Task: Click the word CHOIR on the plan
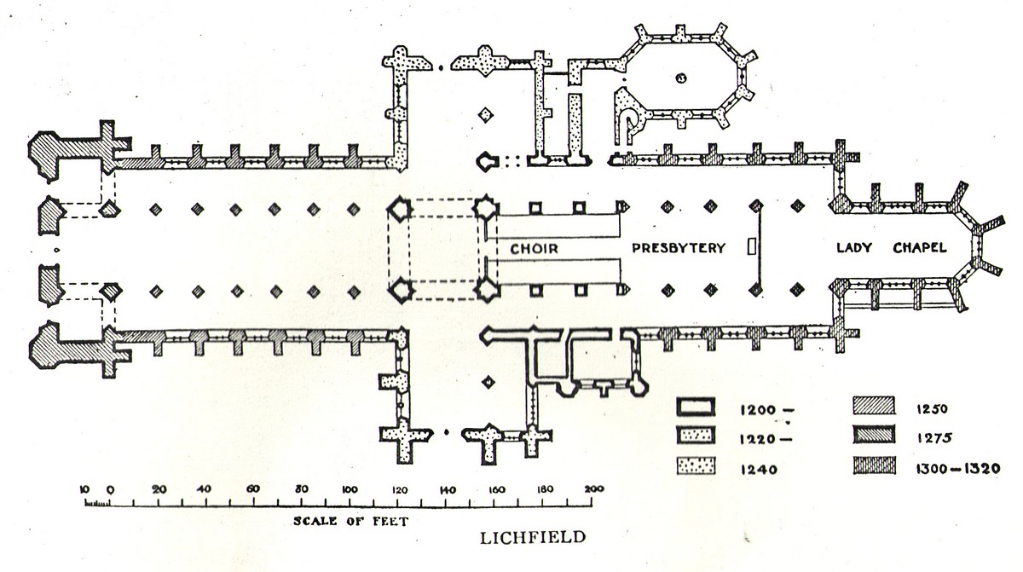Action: [535, 248]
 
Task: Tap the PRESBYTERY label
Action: [679, 248]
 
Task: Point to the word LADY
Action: [853, 248]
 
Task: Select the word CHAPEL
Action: [921, 248]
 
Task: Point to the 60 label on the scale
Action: [253, 489]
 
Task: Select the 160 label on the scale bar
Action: [497, 489]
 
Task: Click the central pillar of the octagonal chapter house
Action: [680, 78]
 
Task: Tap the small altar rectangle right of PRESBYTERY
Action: [750, 247]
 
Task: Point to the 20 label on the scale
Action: [158, 489]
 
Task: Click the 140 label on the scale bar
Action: [448, 489]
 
